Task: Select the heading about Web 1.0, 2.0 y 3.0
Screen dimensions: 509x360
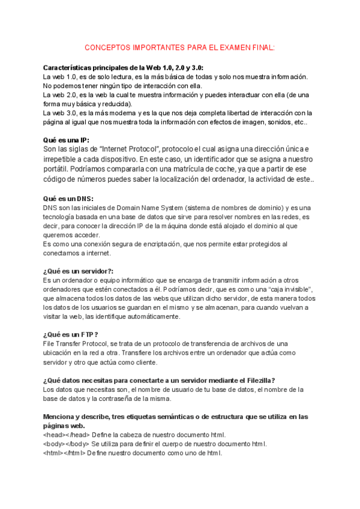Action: pyautogui.click(x=128, y=68)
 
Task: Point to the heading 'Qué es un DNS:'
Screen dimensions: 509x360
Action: pyautogui.click(x=68, y=199)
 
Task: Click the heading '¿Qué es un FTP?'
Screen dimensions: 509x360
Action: pyautogui.click(x=71, y=334)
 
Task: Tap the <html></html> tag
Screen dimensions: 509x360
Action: pyautogui.click(x=64, y=453)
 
